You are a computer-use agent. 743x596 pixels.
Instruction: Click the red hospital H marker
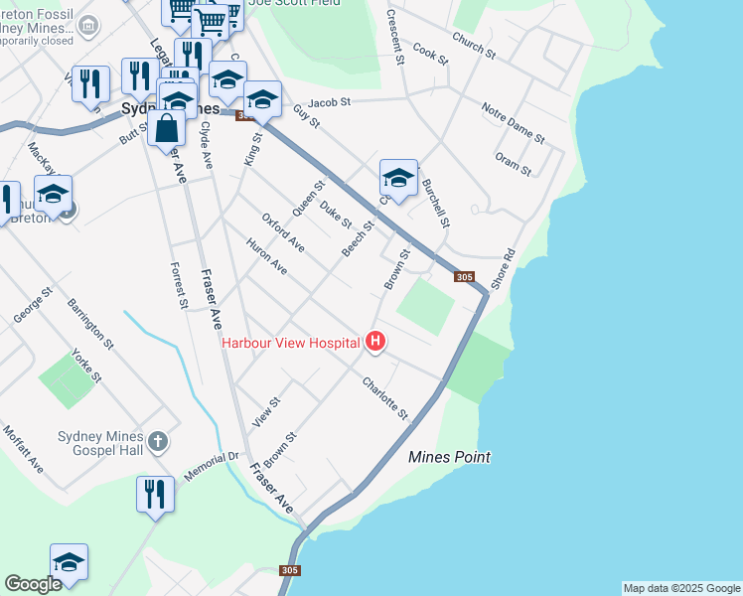click(x=375, y=343)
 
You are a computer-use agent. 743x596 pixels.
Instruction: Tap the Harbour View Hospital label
click(x=290, y=343)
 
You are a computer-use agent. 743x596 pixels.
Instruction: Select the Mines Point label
click(x=450, y=457)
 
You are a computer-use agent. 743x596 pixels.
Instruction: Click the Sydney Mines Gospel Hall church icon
click(x=157, y=440)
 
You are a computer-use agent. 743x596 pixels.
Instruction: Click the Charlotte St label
click(x=385, y=396)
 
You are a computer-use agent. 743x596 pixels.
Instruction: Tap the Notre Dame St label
click(x=513, y=122)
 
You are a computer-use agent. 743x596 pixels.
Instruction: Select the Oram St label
click(x=514, y=165)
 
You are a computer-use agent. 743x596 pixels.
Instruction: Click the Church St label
click(x=473, y=44)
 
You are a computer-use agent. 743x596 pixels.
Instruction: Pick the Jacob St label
click(x=330, y=101)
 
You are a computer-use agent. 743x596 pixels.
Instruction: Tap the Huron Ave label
click(x=266, y=257)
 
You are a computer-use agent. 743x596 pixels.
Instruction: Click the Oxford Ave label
click(x=283, y=232)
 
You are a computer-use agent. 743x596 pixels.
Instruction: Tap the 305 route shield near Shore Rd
click(x=464, y=277)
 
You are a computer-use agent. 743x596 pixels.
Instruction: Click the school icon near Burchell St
click(x=398, y=179)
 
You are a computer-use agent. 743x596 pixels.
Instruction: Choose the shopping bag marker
click(x=166, y=128)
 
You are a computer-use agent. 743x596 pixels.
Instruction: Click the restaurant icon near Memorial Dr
click(x=155, y=494)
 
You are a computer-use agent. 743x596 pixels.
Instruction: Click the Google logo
click(x=33, y=584)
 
